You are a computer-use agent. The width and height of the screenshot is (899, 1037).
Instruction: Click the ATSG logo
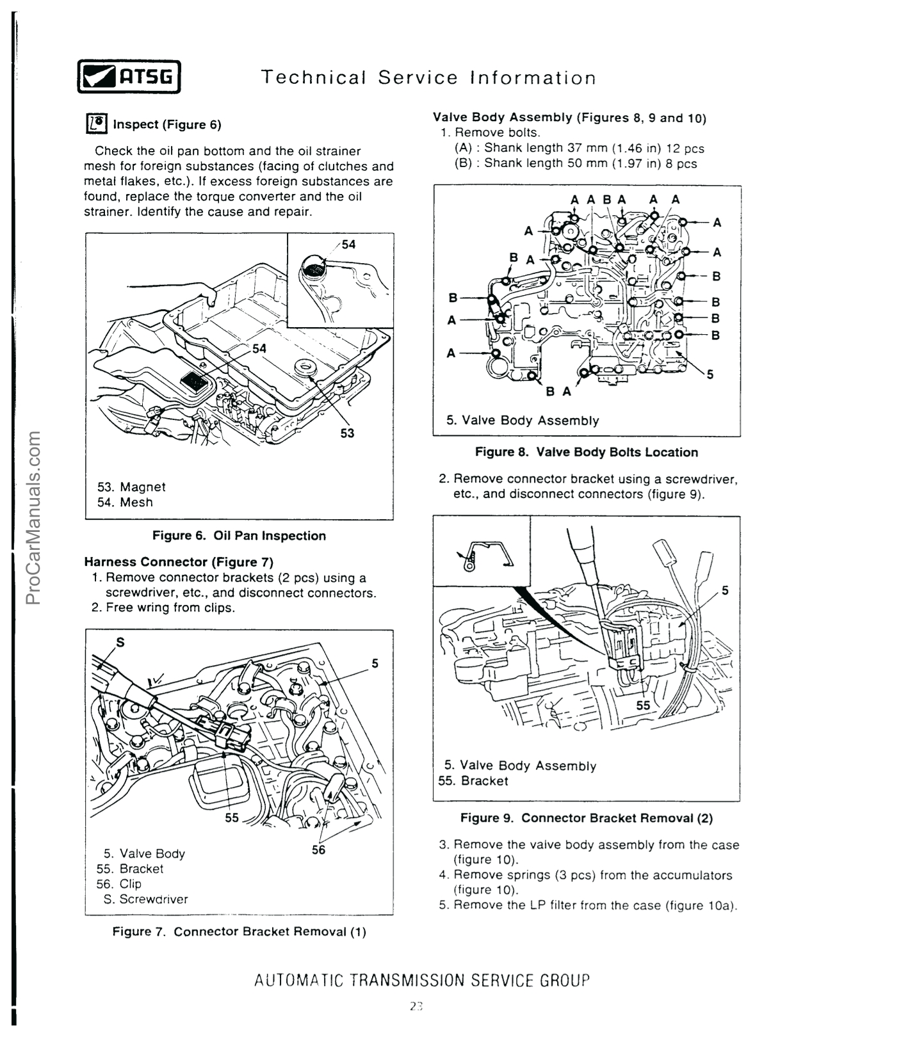coord(129,77)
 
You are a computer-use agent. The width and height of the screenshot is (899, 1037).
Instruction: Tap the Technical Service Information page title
coord(428,77)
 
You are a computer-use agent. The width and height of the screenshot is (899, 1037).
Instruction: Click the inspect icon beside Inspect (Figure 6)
coord(96,124)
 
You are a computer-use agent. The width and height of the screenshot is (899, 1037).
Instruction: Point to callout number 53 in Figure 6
coord(346,433)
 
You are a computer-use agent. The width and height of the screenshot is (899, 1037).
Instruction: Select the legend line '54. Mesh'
coord(125,502)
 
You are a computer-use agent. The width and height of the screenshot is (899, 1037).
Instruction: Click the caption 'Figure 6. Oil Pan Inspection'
coord(239,536)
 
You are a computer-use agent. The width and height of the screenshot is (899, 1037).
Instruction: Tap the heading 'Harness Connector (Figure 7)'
coord(179,562)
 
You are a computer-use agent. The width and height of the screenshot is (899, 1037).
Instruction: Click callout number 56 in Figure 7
coord(318,849)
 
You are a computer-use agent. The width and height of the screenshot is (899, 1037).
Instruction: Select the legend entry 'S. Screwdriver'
coord(146,899)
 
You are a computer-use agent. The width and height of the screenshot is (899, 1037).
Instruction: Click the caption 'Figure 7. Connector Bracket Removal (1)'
coord(239,931)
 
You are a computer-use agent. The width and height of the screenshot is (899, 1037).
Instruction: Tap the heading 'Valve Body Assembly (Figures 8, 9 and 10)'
coord(569,118)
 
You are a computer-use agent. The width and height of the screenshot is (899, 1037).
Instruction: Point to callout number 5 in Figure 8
coord(709,374)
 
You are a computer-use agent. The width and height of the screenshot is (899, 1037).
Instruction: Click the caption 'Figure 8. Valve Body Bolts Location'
coord(587,452)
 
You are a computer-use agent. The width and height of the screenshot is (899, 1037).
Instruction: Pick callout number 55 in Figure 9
coord(643,705)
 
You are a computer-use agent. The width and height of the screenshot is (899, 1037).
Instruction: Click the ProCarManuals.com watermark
coord(33,518)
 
